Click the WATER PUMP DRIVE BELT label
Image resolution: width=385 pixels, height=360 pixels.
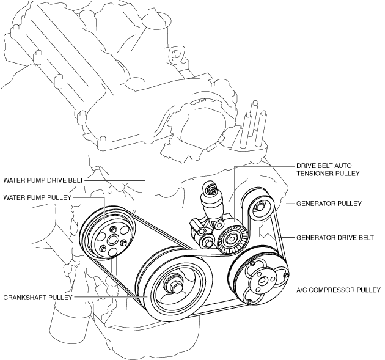pyautogui.click(x=43, y=180)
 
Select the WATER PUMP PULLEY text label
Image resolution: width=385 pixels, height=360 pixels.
pyautogui.click(x=37, y=197)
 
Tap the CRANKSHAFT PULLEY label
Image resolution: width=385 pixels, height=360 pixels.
pyautogui.click(x=38, y=298)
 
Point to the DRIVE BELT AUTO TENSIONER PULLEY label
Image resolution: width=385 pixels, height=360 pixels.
pyautogui.click(x=328, y=169)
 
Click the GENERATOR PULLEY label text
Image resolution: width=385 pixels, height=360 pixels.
pyautogui.click(x=329, y=204)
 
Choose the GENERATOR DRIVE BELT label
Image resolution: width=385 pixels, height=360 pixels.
pyautogui.click(x=335, y=238)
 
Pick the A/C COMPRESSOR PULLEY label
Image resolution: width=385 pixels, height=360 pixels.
pyautogui.click(x=339, y=290)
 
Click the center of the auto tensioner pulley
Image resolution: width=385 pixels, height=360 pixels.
pyautogui.click(x=231, y=239)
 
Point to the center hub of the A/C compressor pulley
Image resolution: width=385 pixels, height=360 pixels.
pyautogui.click(x=262, y=281)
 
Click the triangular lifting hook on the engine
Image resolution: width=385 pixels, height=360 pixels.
pyautogui.click(x=176, y=53)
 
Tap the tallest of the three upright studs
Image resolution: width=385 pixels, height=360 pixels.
pyautogui.click(x=255, y=123)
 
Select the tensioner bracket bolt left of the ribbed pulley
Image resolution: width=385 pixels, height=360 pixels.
pyautogui.click(x=208, y=241)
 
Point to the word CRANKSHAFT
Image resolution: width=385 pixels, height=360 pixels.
pyautogui.click(x=24, y=298)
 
